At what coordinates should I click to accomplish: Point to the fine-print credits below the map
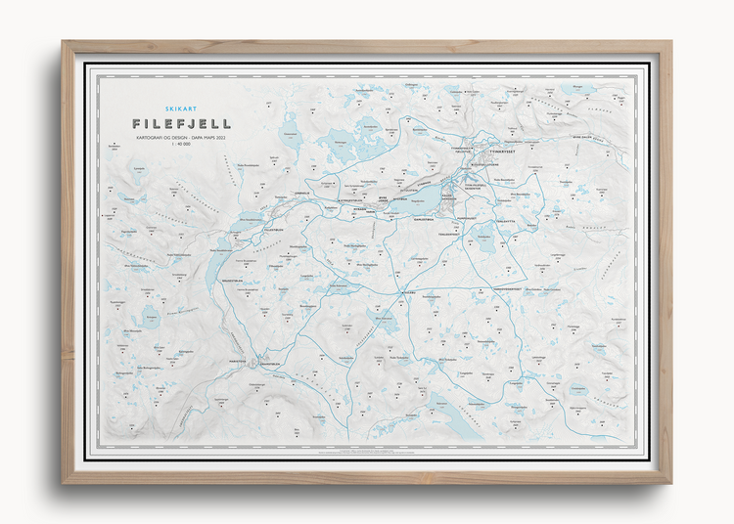[x=367, y=452]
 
